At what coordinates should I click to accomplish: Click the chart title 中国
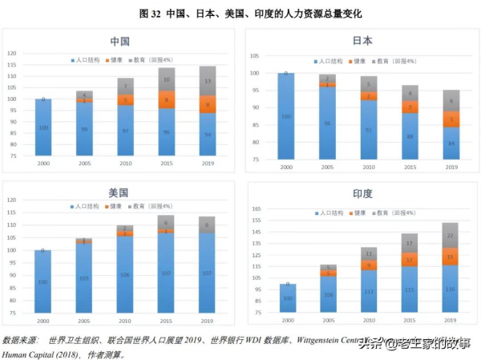point(119,41)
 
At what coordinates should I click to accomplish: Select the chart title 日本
point(362,41)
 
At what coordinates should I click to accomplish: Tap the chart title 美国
point(119,194)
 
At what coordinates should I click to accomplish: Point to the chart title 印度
point(362,194)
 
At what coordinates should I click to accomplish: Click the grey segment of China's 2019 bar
point(208,81)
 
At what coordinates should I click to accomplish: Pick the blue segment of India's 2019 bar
point(451,289)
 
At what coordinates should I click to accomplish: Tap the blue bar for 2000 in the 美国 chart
point(43,281)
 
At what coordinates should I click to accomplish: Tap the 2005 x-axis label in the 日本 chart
point(325,167)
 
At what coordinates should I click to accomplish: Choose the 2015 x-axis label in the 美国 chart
point(166,320)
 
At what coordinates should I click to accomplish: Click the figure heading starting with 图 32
point(240,13)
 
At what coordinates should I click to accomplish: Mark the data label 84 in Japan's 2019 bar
point(451,144)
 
